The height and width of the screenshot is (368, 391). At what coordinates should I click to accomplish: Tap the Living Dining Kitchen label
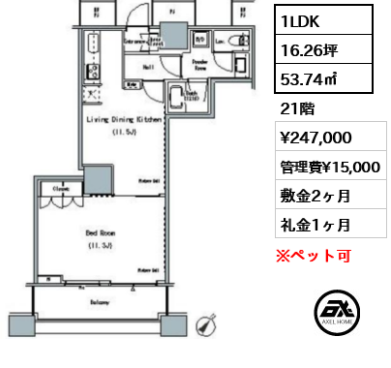tap(124, 120)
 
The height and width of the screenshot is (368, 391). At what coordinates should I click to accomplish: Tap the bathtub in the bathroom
tap(179, 98)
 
